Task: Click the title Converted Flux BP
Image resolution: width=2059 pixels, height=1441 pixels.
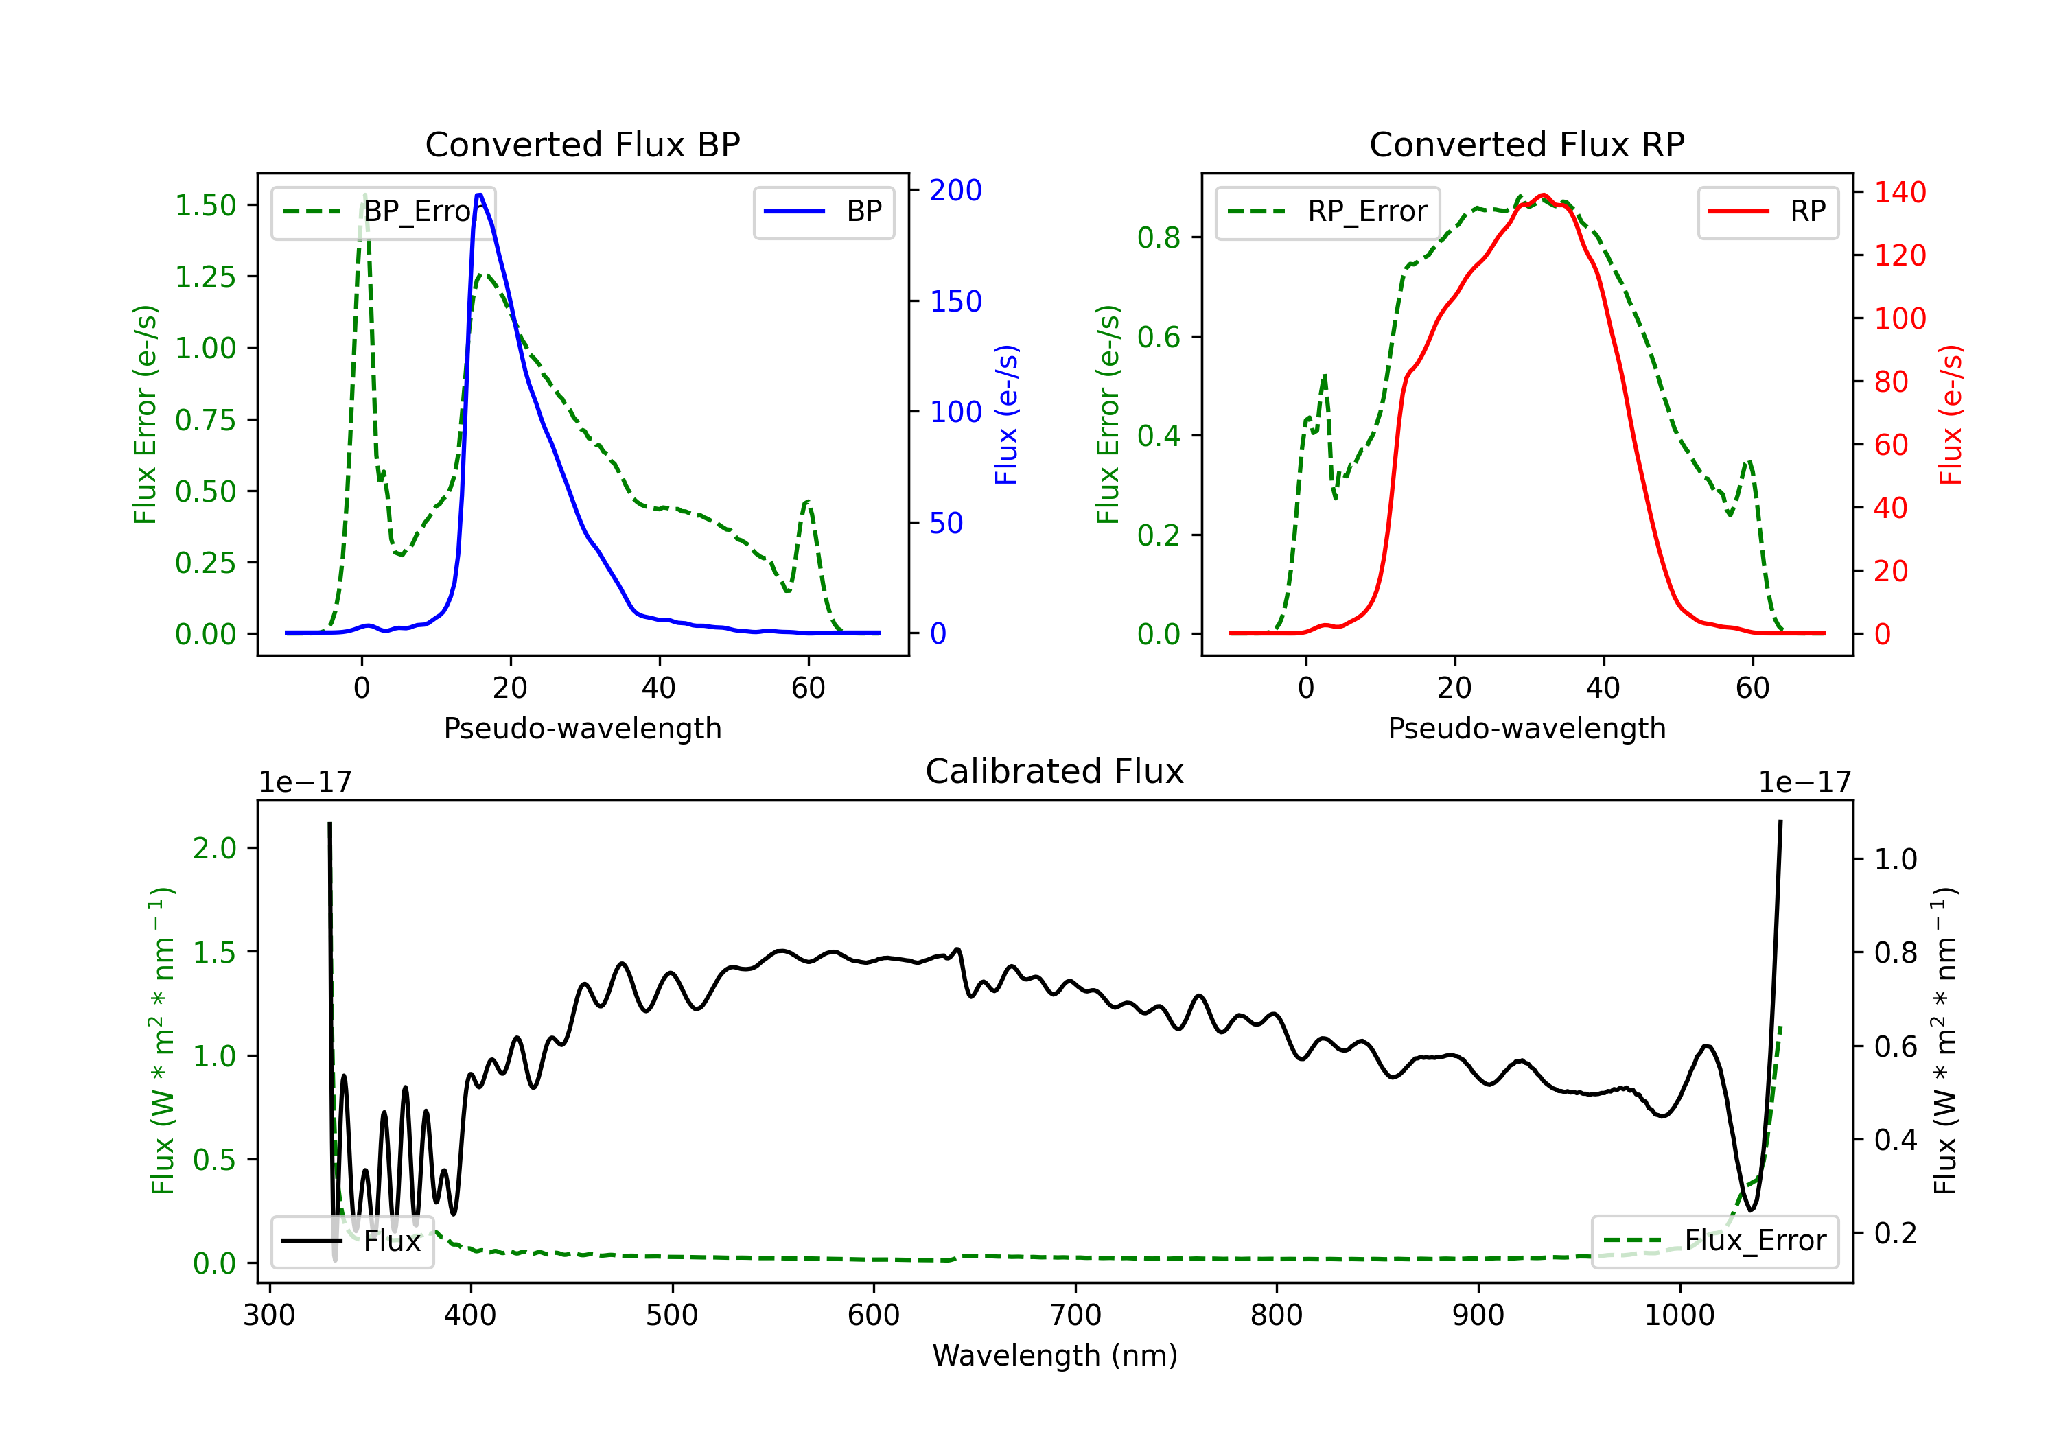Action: coord(582,144)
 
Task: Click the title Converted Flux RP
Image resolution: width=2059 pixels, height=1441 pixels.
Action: coord(1526,144)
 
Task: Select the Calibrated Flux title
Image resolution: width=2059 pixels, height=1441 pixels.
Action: coord(1055,771)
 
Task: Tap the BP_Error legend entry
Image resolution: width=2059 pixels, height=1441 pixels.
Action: coord(383,211)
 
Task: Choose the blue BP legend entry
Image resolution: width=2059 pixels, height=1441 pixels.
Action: coord(823,211)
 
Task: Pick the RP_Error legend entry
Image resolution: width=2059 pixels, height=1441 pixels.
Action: coord(1327,211)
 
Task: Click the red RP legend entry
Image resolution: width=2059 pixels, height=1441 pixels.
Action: coord(1767,211)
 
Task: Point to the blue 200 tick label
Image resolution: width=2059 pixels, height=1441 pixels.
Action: coord(955,190)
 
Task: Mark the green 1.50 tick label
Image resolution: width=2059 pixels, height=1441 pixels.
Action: coord(205,205)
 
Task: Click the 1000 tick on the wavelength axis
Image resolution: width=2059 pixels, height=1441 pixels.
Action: coord(1679,1315)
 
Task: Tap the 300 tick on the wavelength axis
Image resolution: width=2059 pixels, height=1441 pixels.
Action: coord(269,1315)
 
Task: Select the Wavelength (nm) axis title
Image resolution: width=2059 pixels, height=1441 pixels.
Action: coord(1055,1355)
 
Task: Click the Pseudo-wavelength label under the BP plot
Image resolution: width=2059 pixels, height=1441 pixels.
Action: coord(582,728)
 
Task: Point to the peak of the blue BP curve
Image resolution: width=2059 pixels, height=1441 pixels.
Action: coord(480,195)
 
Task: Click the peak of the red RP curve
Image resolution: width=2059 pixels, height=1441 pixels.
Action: coord(1542,195)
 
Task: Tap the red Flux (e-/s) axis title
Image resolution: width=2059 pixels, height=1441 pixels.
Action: coord(1951,415)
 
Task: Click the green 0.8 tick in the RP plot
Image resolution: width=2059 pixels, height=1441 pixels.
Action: coord(1159,237)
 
